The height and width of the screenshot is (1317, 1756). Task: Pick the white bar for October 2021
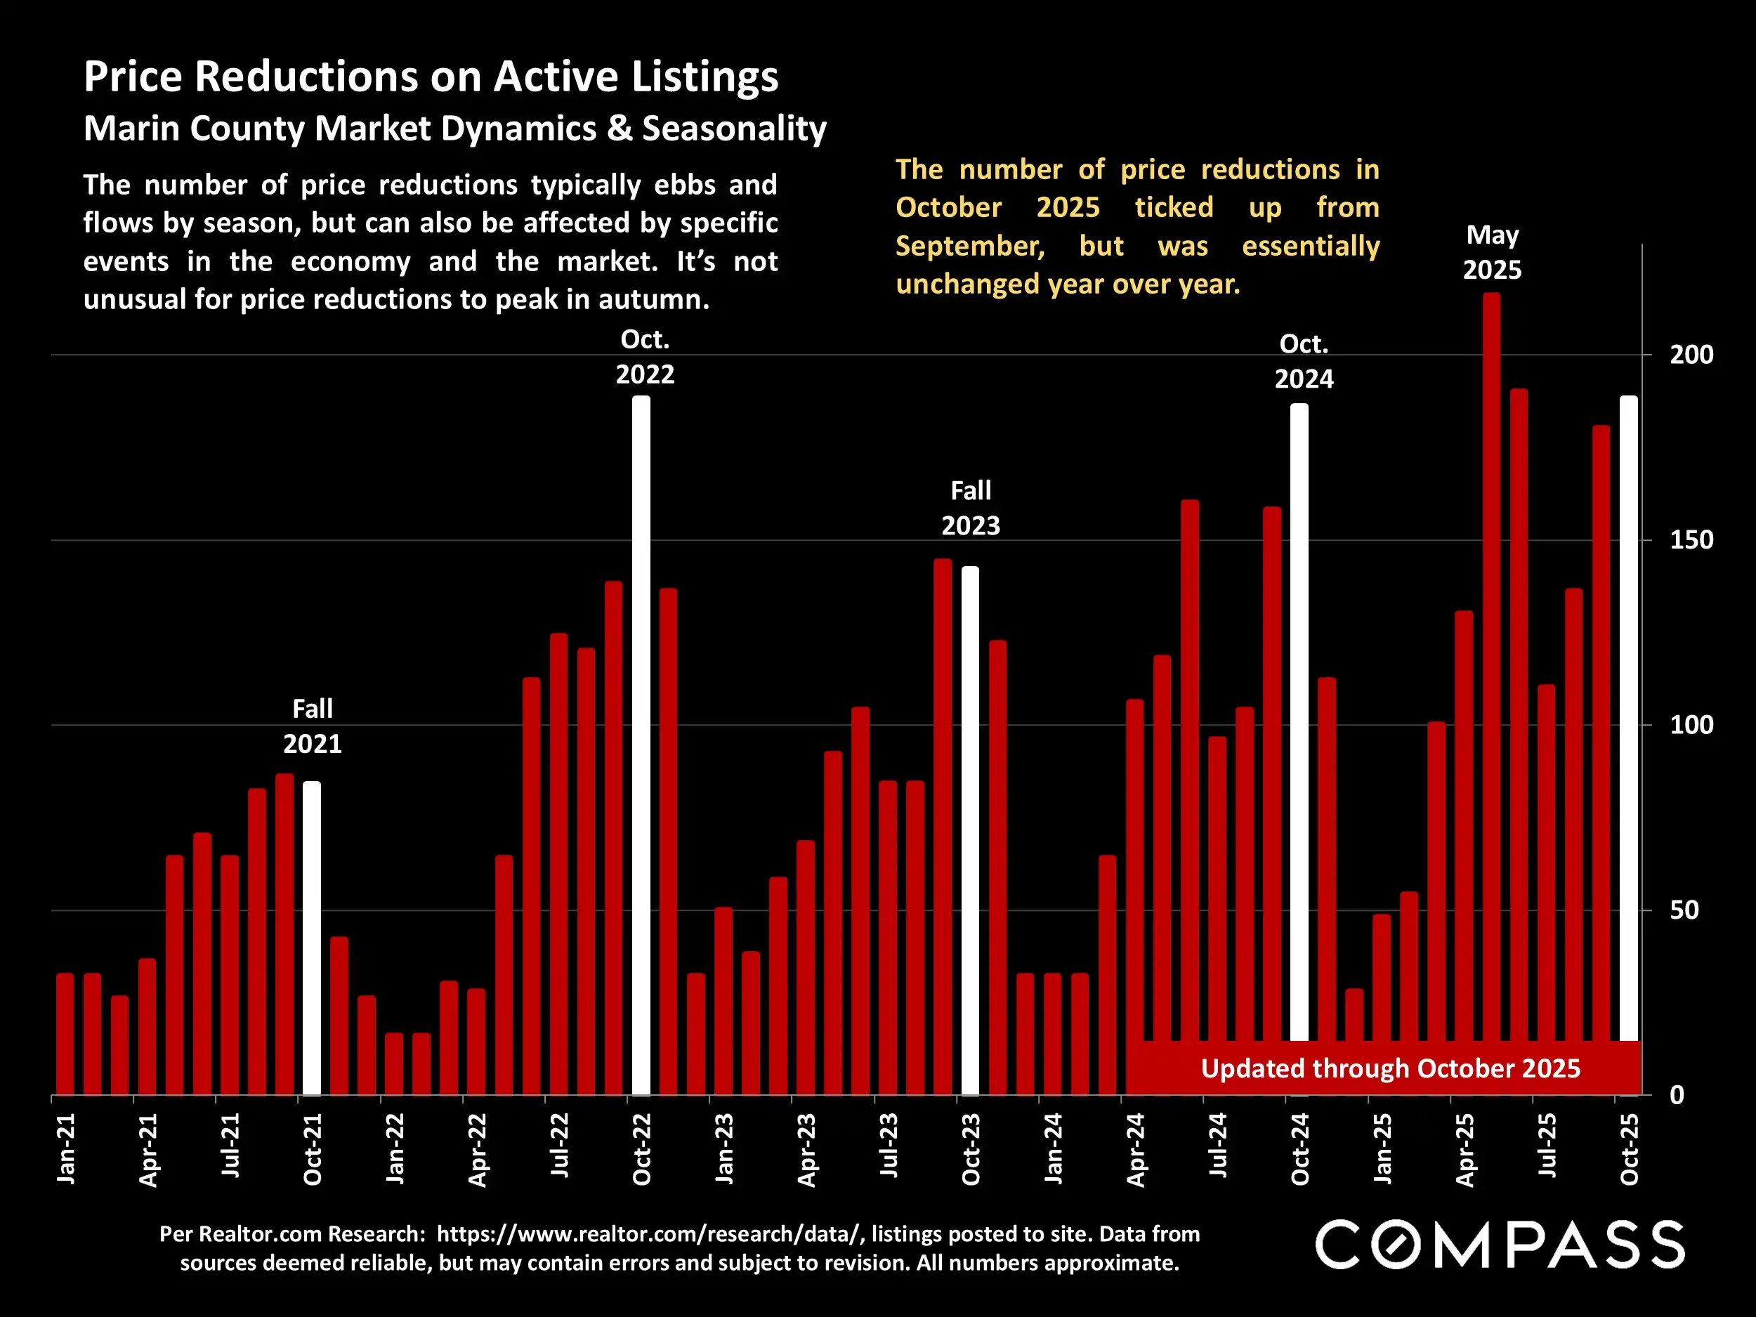pos(312,937)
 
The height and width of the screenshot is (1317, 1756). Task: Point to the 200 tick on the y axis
pos(1691,355)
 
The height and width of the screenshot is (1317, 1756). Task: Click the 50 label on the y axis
pos(1684,910)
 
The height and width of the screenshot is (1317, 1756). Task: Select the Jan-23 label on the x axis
pos(724,1148)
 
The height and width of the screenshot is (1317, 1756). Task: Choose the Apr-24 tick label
pos(1135,1148)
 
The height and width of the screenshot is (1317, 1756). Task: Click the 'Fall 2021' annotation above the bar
pos(313,726)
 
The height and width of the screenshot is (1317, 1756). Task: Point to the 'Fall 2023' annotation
pos(971,508)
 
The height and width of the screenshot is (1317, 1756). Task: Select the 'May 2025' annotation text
pos(1492,252)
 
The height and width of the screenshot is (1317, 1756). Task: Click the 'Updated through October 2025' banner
pos(1390,1068)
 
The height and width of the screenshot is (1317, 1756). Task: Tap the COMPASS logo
pos(1500,1245)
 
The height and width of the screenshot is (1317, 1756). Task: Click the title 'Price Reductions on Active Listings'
pos(431,77)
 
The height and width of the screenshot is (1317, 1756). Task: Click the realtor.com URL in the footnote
pos(648,1233)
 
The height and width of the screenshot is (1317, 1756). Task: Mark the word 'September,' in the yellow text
pos(969,246)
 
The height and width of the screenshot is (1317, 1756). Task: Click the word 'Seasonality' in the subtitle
pos(734,129)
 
